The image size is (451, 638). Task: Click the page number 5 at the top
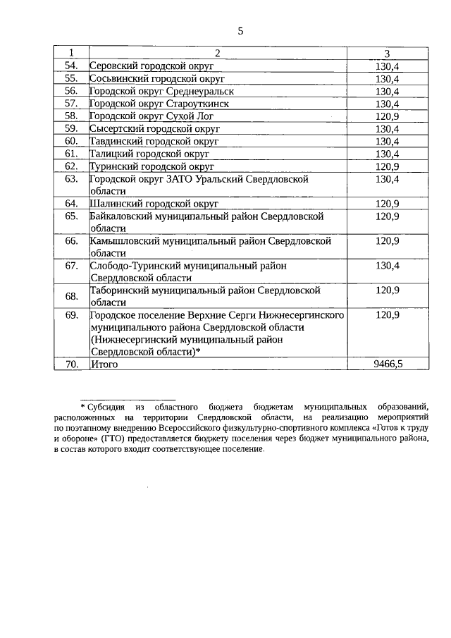[240, 31]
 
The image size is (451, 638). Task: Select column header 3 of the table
[387, 54]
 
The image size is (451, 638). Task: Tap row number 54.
[71, 66]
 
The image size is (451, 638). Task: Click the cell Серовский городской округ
[152, 66]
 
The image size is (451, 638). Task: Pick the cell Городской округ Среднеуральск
[161, 91]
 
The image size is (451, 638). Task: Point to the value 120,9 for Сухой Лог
[387, 116]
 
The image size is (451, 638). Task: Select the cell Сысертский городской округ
[155, 129]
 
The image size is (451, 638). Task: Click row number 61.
[71, 154]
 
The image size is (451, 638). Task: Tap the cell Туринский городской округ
[152, 166]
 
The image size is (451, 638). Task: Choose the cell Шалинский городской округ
[154, 204]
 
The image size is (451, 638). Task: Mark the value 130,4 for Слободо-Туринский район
[387, 266]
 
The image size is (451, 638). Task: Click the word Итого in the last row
[104, 364]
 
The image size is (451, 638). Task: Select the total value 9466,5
[387, 364]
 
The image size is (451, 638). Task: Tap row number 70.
[71, 364]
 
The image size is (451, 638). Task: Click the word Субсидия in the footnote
[106, 407]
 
